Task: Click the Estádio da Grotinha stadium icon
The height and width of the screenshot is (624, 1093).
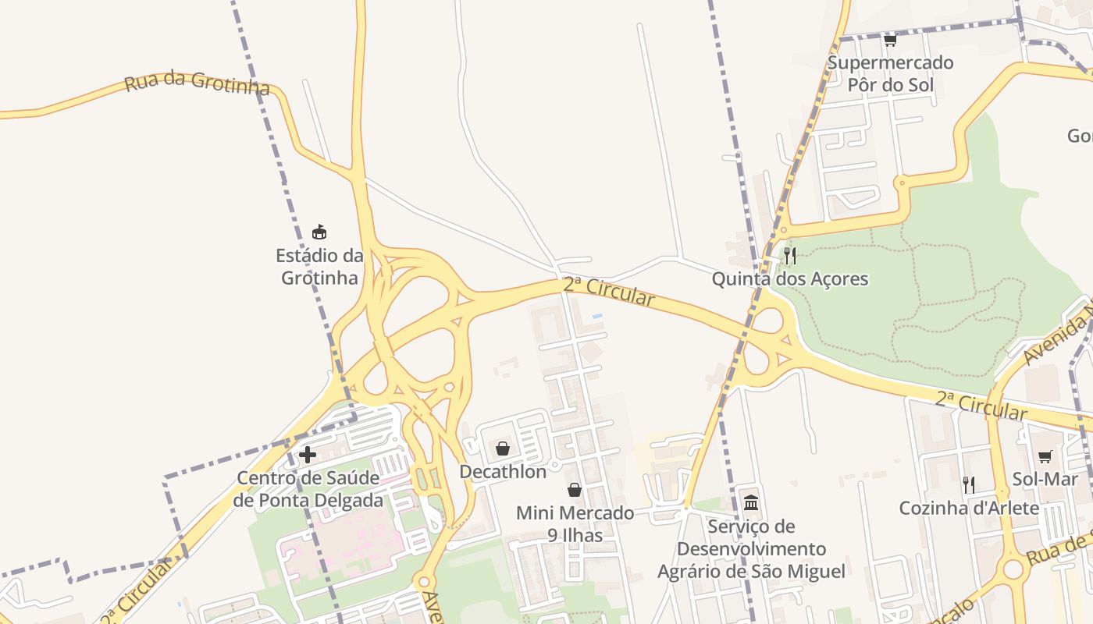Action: click(x=319, y=232)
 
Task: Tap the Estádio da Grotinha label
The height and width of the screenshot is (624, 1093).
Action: click(x=320, y=267)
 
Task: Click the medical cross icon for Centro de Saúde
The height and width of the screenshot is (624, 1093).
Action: click(x=308, y=455)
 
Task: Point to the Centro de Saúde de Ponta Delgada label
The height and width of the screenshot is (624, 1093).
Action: click(x=308, y=489)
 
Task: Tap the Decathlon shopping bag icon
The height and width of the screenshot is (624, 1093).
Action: click(x=503, y=448)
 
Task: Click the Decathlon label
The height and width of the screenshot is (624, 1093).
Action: click(x=503, y=471)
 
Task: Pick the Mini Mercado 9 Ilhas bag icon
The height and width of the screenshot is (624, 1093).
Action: click(x=575, y=490)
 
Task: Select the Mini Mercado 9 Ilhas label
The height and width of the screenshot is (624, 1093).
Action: click(x=575, y=524)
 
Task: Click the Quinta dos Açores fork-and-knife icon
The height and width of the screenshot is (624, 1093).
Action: click(x=790, y=255)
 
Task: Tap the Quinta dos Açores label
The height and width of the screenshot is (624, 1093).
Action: click(x=790, y=278)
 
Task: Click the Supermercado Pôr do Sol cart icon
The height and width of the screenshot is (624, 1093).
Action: click(x=890, y=40)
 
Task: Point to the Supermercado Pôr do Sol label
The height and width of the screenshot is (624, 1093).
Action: click(x=890, y=73)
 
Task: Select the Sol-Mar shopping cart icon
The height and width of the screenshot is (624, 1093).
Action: click(x=1045, y=456)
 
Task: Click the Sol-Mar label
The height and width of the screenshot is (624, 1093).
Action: click(x=1045, y=479)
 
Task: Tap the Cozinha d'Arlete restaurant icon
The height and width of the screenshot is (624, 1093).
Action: click(x=969, y=485)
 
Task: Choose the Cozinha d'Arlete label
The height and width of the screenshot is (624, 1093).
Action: click(x=969, y=509)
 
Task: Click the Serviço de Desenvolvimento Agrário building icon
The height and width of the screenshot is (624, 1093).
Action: click(x=751, y=502)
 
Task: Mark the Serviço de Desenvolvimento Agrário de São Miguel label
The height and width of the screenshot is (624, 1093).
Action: click(x=751, y=549)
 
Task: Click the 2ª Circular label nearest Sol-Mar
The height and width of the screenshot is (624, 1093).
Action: click(x=981, y=406)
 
